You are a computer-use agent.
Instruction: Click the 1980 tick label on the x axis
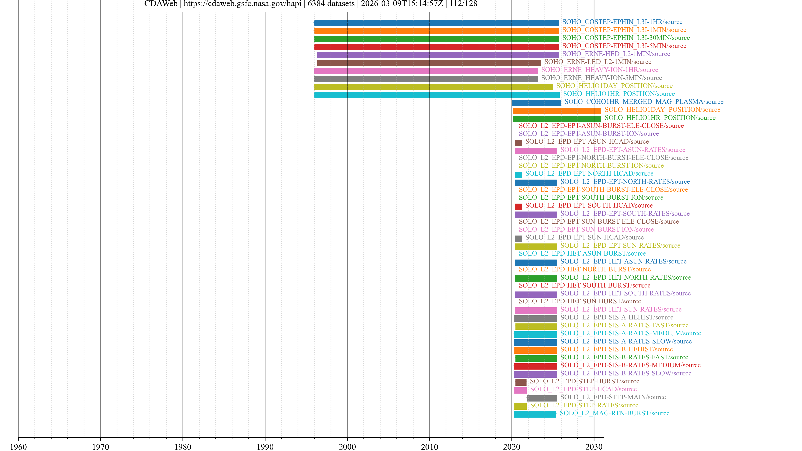click(183, 447)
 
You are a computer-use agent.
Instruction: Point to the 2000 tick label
click(347, 447)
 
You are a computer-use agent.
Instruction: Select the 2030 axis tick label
click(594, 447)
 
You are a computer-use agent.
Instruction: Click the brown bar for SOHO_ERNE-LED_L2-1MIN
click(429, 63)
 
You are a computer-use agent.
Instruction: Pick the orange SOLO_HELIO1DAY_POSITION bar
click(557, 111)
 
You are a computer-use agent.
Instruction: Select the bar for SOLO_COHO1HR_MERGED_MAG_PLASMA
click(536, 103)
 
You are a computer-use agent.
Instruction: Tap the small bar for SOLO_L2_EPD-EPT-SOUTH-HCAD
click(518, 207)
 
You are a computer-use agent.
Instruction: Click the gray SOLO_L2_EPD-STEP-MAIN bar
click(541, 398)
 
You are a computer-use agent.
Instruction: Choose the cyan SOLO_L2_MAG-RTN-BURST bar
click(535, 414)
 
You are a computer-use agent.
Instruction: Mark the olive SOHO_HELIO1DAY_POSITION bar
click(433, 87)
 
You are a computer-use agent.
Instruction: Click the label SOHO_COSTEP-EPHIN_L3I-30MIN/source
click(626, 38)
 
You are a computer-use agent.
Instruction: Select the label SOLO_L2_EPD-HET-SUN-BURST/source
click(580, 301)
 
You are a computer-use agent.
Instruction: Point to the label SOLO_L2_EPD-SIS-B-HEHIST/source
click(617, 349)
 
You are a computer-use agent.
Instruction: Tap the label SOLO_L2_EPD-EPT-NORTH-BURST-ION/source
click(591, 166)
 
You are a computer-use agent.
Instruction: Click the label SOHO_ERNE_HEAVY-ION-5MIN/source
click(601, 78)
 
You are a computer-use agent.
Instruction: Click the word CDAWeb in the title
click(161, 4)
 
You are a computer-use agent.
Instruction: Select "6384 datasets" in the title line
click(331, 4)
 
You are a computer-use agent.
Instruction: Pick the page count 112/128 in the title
click(463, 4)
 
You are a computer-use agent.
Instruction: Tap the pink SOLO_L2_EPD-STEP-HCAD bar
click(520, 390)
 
